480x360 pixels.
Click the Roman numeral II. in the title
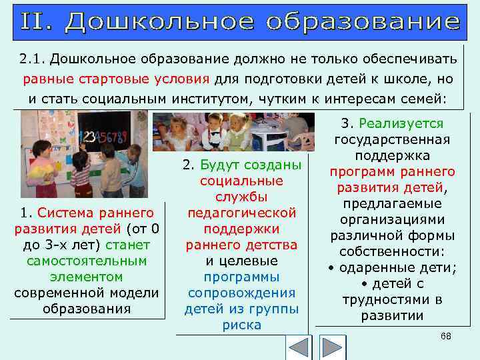click(39, 21)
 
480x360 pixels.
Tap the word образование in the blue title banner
click(363, 21)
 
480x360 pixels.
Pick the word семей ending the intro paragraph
click(423, 99)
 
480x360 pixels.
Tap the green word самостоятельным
click(87, 261)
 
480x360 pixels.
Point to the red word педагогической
click(241, 213)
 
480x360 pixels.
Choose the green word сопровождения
click(241, 293)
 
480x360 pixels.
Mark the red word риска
click(241, 325)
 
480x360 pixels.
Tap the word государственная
click(392, 140)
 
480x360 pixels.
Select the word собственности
click(390, 252)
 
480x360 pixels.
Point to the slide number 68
click(446, 336)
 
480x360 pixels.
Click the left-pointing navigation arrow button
click(298, 347)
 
